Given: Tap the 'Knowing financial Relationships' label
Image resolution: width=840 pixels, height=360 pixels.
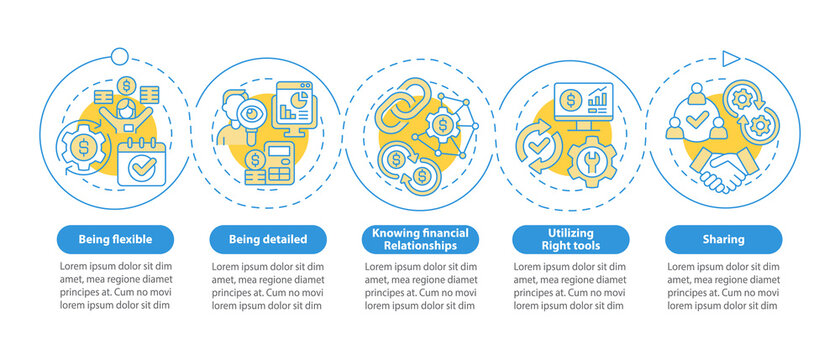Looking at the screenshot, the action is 419,239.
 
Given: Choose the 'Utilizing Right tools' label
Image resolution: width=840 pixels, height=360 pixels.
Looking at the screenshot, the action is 570,239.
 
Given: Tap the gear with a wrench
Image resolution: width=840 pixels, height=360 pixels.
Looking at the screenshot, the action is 590,158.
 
